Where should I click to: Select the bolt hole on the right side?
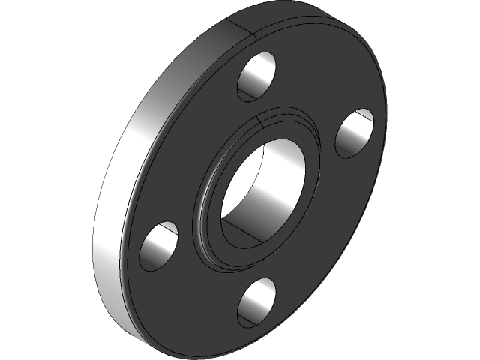[355, 133]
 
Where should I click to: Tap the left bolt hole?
[160, 245]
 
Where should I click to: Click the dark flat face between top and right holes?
[315, 90]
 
